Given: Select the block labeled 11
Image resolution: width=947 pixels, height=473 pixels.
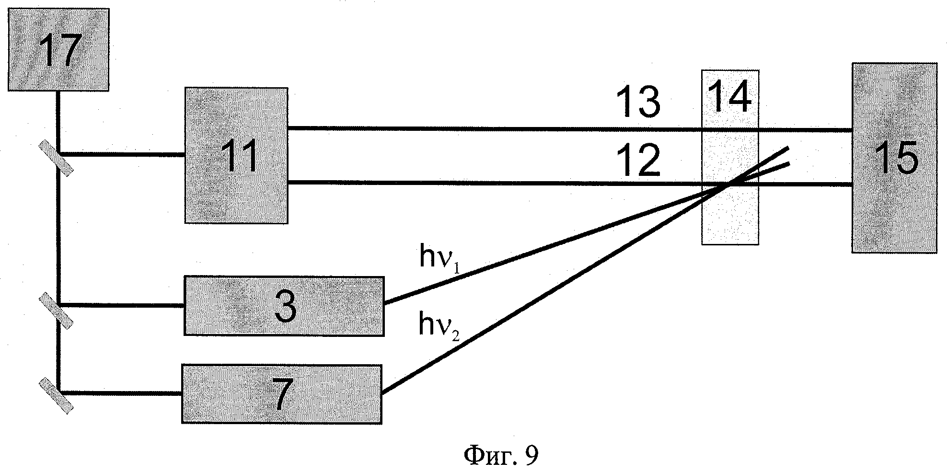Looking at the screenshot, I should tap(237, 155).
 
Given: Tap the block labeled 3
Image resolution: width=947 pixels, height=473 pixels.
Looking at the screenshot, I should tap(284, 306).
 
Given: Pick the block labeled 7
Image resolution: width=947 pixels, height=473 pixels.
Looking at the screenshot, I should tap(282, 394).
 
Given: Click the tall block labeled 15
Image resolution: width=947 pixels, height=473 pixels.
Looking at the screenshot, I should tap(894, 158).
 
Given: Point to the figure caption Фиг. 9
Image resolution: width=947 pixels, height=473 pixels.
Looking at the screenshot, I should tap(501, 455).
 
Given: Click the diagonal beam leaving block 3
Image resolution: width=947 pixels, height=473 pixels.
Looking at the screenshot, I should tap(527, 253).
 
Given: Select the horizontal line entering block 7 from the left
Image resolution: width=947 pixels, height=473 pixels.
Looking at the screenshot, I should tap(120, 393).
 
